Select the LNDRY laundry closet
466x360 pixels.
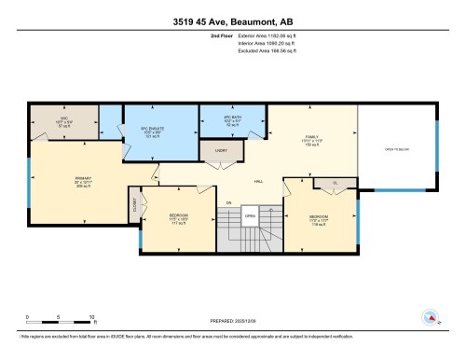222,150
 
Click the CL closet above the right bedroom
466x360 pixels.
334,182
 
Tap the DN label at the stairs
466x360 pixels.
228,201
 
